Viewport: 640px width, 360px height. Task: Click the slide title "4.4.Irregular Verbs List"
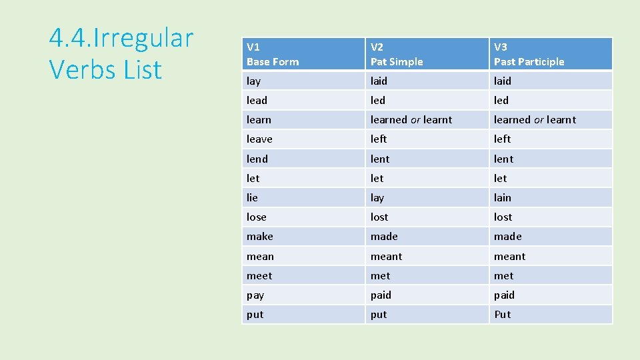point(121,53)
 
